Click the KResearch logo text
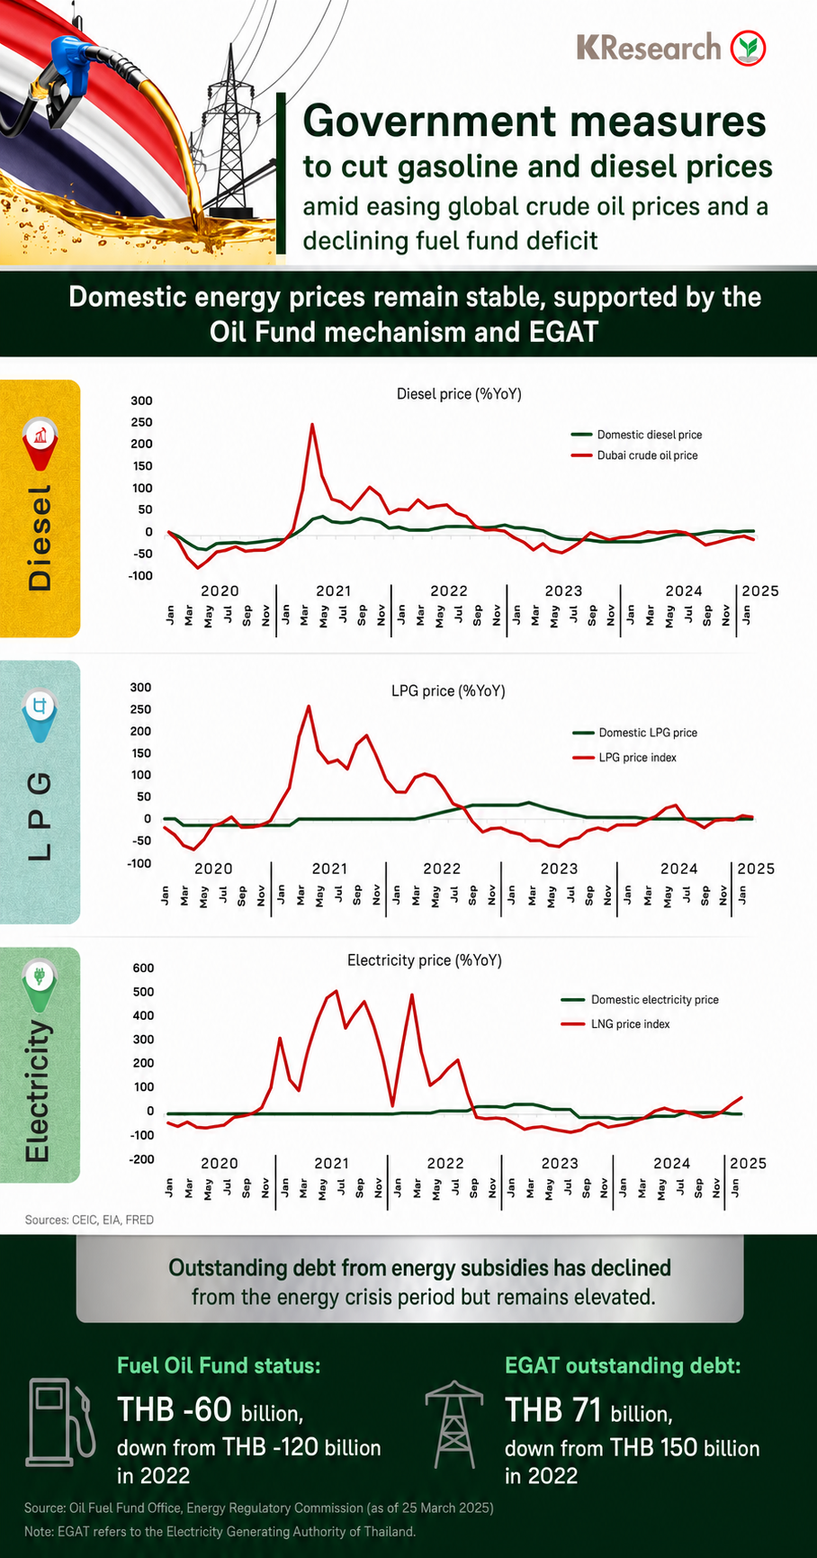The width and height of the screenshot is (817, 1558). click(x=649, y=47)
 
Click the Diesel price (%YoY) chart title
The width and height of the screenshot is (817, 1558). click(x=459, y=394)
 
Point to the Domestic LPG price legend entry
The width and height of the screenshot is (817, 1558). click(x=635, y=733)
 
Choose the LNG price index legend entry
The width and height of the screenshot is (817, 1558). click(x=615, y=1024)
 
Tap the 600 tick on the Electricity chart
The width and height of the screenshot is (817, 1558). click(x=144, y=968)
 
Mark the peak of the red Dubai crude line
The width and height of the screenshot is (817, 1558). click(x=312, y=424)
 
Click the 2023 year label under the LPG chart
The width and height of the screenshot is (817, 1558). click(x=559, y=869)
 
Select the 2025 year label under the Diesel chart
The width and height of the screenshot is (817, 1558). click(x=759, y=590)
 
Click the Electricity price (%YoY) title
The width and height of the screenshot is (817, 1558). click(x=425, y=960)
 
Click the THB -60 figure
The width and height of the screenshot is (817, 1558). click(x=175, y=1409)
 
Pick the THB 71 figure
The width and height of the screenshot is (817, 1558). click(x=553, y=1409)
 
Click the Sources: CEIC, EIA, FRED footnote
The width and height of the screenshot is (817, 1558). click(x=89, y=1220)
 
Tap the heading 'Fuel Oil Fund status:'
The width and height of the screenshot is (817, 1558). click(x=219, y=1365)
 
